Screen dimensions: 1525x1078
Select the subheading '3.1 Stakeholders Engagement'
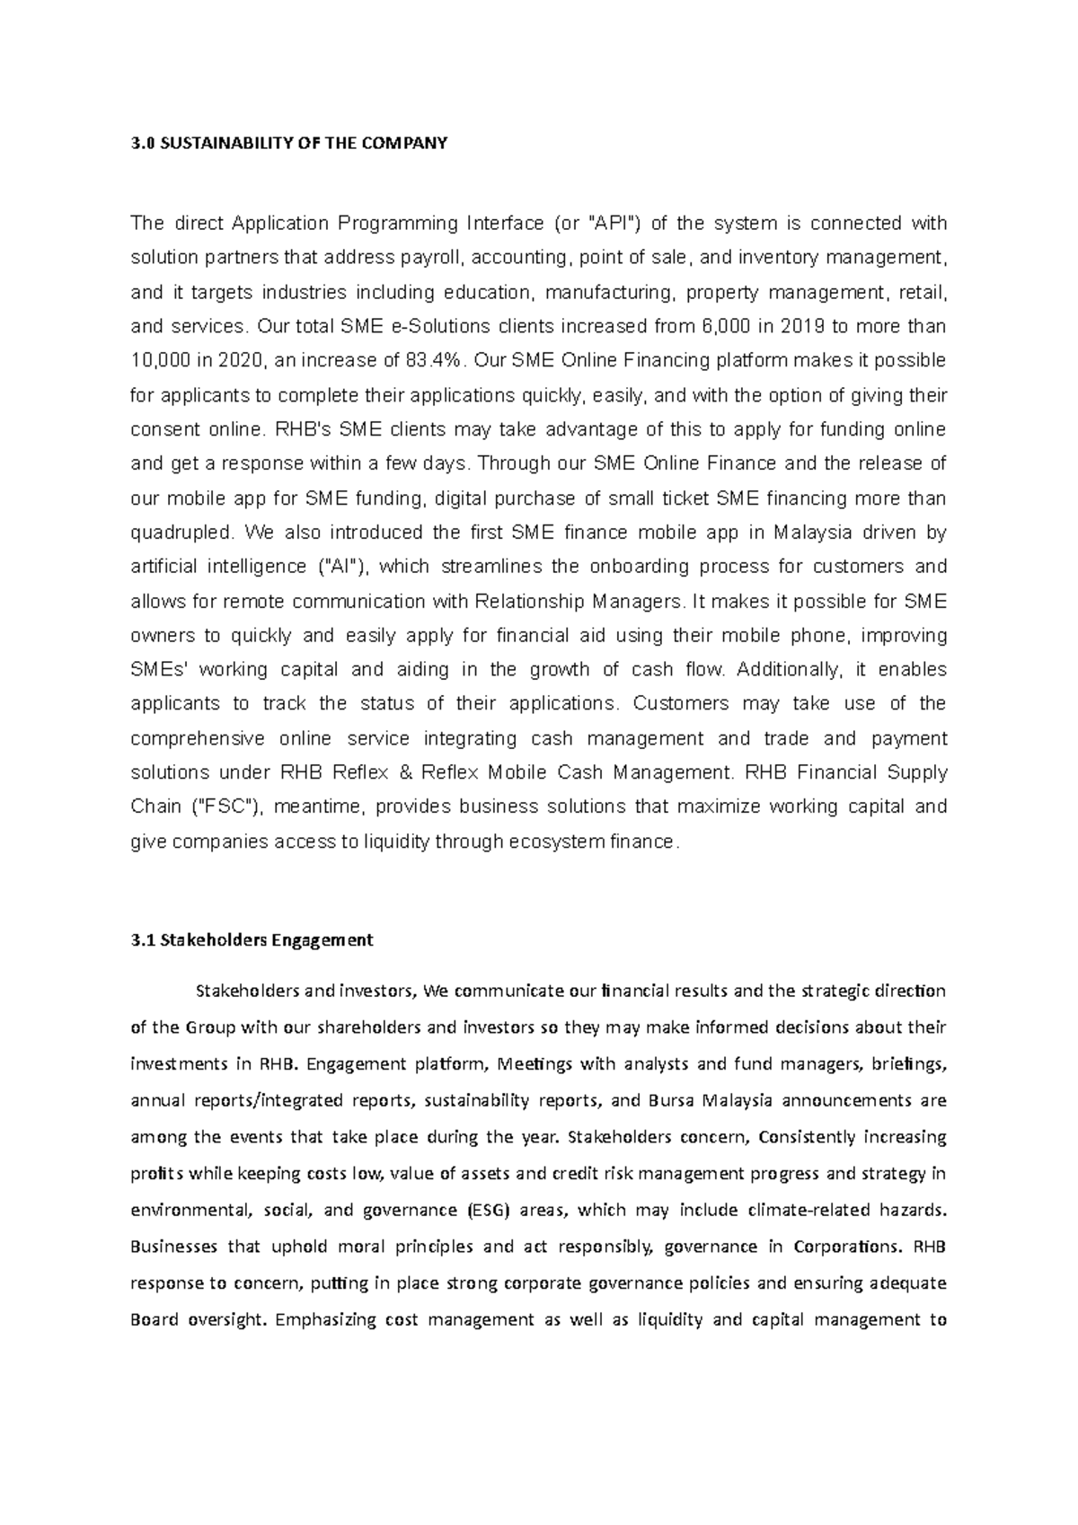252,940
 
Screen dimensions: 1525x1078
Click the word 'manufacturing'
610,293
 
